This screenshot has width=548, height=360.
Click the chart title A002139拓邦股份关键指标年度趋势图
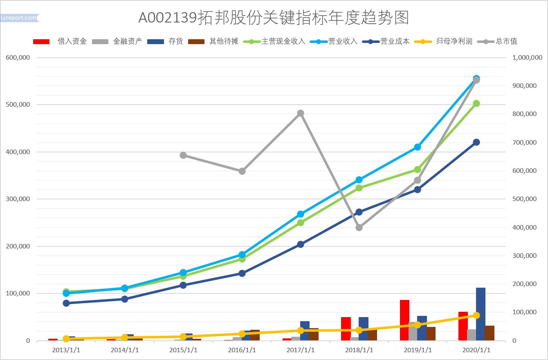point(274,18)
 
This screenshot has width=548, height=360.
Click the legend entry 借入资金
point(72,41)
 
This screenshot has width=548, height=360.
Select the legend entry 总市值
point(506,41)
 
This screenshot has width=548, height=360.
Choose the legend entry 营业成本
point(395,41)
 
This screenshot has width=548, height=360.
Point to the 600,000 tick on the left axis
point(18,58)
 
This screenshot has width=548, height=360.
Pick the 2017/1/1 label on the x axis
point(301,350)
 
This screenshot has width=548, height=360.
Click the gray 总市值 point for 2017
point(301,113)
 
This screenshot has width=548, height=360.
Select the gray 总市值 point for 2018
point(359,228)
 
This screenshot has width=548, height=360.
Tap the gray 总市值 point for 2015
point(183,155)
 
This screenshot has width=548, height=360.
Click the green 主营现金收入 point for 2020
point(476,103)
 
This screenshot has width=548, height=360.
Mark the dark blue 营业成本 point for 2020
point(476,142)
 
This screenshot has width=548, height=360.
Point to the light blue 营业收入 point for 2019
point(418,147)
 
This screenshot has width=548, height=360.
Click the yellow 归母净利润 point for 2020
point(476,315)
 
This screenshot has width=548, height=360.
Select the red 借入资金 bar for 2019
point(404,320)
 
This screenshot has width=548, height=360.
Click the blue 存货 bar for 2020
point(481,314)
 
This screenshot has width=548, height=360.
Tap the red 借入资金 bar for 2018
point(346,329)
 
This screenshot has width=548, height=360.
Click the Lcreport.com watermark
point(19,18)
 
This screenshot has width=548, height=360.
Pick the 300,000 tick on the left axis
point(18,199)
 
